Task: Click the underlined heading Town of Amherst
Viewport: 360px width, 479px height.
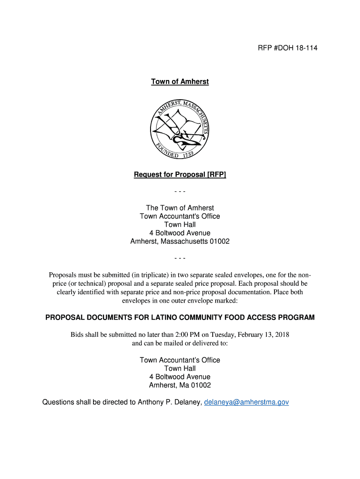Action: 180,82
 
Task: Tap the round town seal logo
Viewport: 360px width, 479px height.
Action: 180,128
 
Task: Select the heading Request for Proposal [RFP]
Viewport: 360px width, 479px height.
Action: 180,175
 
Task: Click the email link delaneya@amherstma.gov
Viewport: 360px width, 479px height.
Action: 246,402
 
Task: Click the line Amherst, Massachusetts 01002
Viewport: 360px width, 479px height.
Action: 180,241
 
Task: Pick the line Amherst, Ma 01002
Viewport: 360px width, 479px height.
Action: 180,385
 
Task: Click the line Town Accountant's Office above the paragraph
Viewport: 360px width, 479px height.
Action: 180,216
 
